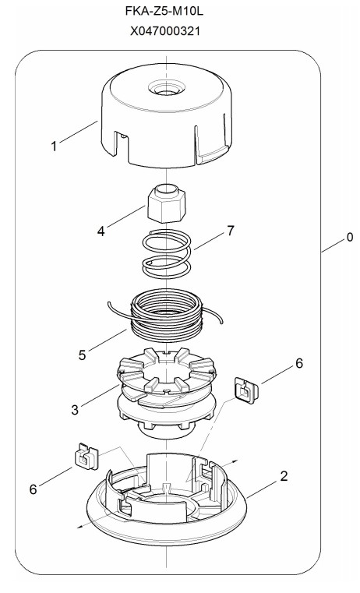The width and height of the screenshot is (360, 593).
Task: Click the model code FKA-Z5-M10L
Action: click(164, 12)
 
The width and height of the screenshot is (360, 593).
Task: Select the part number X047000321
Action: click(165, 31)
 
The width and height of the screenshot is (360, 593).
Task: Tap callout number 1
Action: click(54, 146)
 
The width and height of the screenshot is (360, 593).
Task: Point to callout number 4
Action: click(101, 231)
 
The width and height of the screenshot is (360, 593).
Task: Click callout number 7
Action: click(231, 231)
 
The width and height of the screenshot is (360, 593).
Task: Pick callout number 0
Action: click(349, 237)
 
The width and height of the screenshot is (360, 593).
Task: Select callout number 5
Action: click(82, 355)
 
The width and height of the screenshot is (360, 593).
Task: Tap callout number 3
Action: click(75, 409)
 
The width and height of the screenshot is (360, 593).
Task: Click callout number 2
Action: click(284, 476)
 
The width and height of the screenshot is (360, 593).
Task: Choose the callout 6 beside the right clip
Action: click(299, 363)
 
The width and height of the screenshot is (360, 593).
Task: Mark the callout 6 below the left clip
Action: click(34, 489)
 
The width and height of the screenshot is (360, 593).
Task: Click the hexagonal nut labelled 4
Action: click(167, 203)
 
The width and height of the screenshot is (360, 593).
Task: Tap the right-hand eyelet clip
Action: click(246, 390)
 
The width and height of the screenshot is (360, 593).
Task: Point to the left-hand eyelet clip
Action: click(86, 456)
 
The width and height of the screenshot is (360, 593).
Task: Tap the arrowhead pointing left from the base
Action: click(79, 527)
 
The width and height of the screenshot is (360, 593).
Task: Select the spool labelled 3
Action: click(167, 394)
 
